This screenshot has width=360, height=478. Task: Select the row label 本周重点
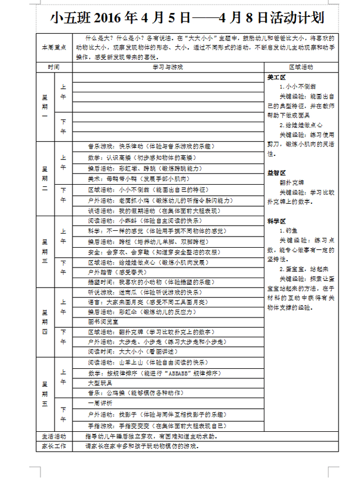click(53, 47)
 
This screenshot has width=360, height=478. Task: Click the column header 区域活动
click(301, 67)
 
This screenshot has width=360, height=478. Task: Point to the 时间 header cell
click(53, 67)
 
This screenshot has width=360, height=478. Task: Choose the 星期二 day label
click(45, 178)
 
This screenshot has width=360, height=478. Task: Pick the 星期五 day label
click(45, 393)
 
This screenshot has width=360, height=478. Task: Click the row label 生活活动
click(53, 436)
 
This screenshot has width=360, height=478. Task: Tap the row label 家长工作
click(53, 446)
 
